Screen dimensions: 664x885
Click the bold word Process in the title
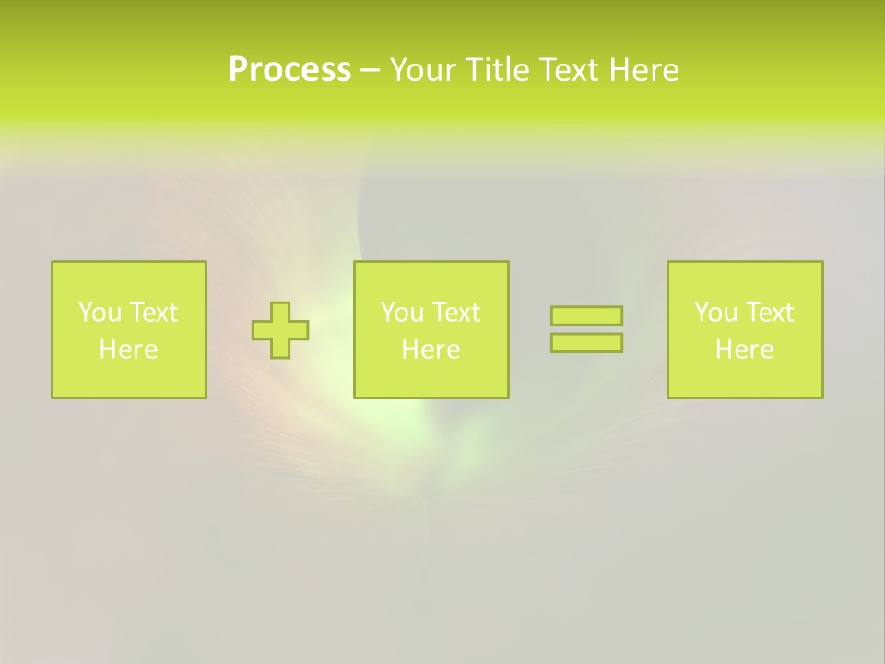coord(289,70)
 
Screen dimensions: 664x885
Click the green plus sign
coord(280,330)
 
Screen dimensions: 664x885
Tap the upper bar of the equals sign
coord(586,316)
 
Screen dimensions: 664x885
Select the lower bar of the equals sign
coord(586,343)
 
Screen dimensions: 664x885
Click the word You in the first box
coord(99,313)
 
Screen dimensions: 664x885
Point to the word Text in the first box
coord(153,313)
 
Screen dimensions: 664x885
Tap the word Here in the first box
coord(128,350)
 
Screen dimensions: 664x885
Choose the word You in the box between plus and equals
coord(401,313)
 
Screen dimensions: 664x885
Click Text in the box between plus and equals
coord(455,313)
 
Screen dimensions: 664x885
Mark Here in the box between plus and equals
coord(431,350)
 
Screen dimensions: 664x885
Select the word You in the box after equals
coord(714,313)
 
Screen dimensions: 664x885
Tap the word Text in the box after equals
coord(769,313)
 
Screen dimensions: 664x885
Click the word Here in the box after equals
coord(744,350)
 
